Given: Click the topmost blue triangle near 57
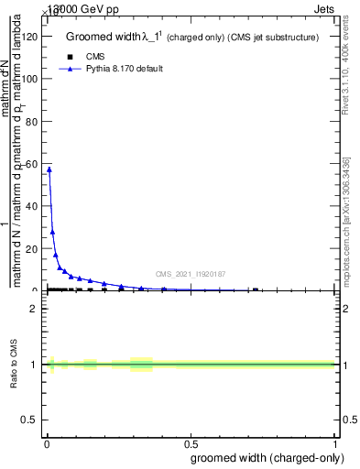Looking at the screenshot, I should point(49,169).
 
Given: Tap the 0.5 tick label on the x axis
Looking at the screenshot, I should point(189,445).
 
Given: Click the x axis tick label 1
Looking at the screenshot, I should point(334,445).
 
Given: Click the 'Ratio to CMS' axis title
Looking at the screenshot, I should point(15,365).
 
